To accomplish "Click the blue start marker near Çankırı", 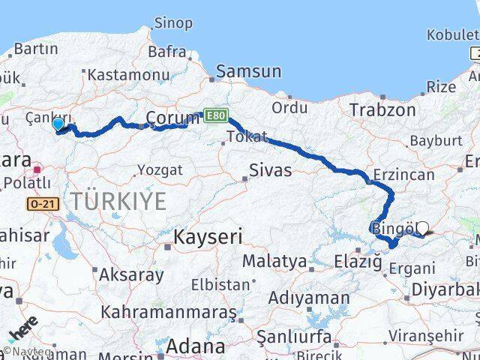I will coord(58,124).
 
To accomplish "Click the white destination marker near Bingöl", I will coord(422,228).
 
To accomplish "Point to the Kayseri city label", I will coord(208,238).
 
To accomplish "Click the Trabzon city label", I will coord(382,110).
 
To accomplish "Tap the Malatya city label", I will coord(274,262).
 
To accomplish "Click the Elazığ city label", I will coord(357,262).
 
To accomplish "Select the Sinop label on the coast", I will coord(172,23).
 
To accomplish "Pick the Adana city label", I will coord(195,346).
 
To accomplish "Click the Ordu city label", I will coord(290,107).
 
